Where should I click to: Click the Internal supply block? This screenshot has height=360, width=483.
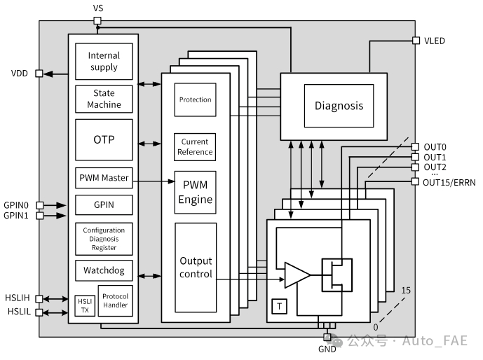point(104,62)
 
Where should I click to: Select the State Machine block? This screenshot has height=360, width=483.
point(104,99)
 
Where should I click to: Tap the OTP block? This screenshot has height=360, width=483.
point(104,139)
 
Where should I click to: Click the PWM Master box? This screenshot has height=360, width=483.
point(104,178)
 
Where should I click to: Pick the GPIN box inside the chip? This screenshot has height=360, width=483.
point(104,205)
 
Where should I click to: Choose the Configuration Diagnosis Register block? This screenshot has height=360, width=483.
point(104,239)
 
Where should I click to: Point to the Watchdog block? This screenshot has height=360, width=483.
point(104,270)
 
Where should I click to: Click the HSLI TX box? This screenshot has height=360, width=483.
point(84,305)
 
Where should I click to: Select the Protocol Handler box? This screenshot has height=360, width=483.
point(114,301)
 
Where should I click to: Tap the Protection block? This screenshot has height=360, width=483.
point(195,99)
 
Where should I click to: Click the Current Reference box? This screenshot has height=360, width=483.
point(195,146)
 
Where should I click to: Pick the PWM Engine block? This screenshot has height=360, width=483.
point(195,192)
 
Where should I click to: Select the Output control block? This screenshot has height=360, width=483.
point(196,268)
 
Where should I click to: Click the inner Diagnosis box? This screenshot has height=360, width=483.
point(339,106)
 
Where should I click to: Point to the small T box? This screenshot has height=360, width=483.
point(279,306)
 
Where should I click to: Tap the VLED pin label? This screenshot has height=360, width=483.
point(434,41)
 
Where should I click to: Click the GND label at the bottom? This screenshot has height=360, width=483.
point(327,349)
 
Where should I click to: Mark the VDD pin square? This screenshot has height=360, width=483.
point(39,73)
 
